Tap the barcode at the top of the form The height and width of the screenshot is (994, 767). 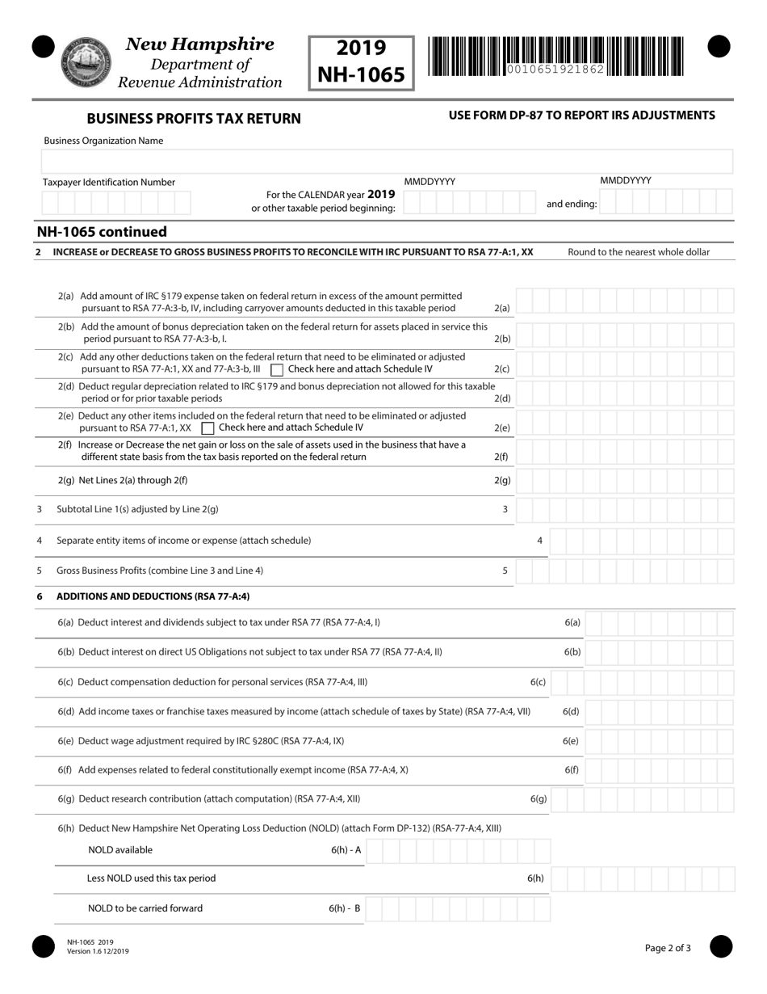coord(555,57)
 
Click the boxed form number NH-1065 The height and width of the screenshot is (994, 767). coord(361,62)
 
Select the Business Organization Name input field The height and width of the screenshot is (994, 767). coord(388,160)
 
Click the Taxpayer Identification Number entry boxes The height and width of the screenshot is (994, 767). coord(116,202)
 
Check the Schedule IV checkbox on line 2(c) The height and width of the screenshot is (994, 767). coord(277,369)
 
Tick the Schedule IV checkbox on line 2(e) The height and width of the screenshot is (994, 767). coord(207,428)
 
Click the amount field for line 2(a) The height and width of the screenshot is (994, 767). coord(625,302)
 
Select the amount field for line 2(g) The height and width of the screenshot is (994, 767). coord(625,480)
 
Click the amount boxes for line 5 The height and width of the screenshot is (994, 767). coord(625,571)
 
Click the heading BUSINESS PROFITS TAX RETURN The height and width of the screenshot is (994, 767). coord(194,119)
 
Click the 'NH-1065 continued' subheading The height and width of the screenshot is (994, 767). coord(102,232)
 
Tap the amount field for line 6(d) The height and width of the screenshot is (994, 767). coord(659,712)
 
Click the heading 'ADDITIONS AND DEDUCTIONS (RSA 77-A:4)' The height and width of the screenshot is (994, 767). coord(153,596)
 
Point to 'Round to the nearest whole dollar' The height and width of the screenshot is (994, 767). coord(639,252)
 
